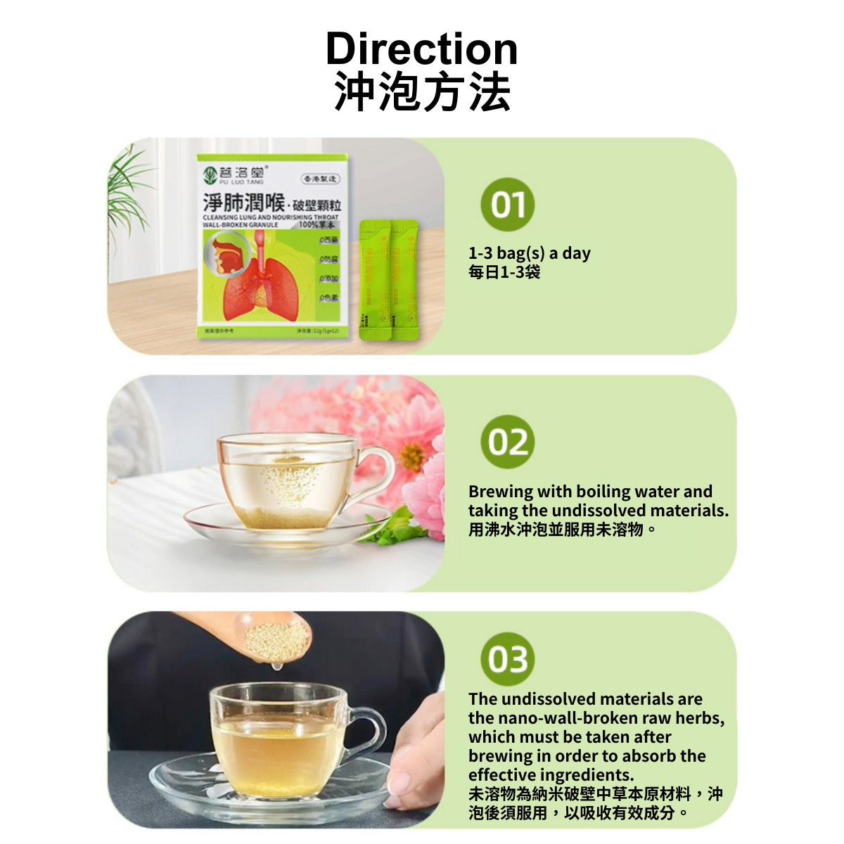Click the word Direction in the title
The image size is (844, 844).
coord(421,49)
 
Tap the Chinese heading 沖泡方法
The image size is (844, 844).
coord(421,92)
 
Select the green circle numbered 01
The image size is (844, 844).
coord(507,205)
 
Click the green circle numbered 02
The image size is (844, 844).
coord(507,442)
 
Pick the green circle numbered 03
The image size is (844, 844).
coord(507,659)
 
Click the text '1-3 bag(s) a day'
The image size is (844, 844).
coord(530,253)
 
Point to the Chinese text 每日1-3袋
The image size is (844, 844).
coord(504,271)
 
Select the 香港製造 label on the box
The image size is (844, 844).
coord(320,179)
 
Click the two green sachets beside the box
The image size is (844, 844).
coord(388,280)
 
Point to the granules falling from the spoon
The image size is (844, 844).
coord(277,640)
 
